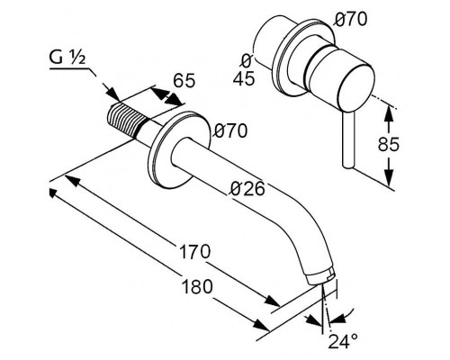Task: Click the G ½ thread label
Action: coord(67,58)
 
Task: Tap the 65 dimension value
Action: coord(184,80)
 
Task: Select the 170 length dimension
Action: coord(195,251)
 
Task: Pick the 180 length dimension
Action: coord(197,286)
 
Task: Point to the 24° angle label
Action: coord(343,341)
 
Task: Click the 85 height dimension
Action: coord(388,144)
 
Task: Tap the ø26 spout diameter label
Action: coord(247,189)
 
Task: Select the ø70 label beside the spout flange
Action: coord(230,130)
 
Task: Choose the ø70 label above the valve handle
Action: coord(350,20)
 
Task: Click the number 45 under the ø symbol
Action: coord(244,79)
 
